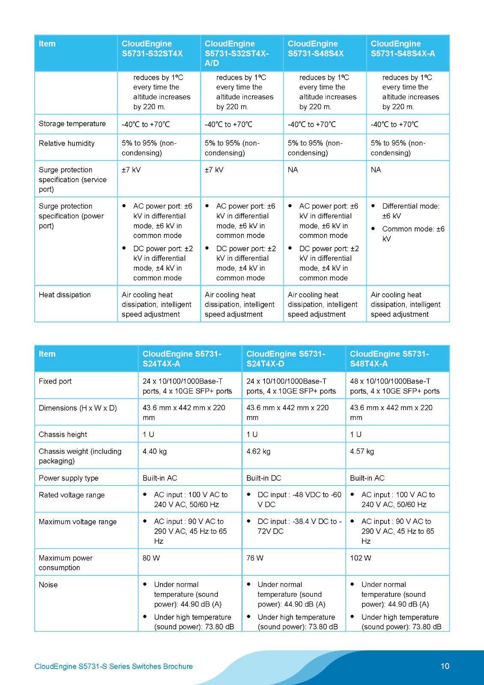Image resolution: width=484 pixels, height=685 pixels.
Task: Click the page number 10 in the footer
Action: (445, 666)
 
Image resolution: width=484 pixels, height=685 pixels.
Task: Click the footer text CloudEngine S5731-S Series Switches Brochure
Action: (113, 666)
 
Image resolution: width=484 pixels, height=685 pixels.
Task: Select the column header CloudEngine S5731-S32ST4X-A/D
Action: (237, 53)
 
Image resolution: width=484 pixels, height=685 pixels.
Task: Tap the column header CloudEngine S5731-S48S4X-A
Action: (403, 48)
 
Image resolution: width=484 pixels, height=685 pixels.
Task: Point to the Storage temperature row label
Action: (72, 124)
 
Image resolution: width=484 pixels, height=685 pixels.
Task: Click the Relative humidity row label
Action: (66, 143)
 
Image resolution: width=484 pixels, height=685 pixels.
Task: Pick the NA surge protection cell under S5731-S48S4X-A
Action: (376, 170)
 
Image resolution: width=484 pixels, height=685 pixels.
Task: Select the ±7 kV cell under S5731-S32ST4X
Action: (131, 170)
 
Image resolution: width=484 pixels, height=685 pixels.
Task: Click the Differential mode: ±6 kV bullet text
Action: (410, 211)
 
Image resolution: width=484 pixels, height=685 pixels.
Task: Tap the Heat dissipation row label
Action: (65, 295)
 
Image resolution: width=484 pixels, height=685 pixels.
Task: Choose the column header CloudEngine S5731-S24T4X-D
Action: (285, 359)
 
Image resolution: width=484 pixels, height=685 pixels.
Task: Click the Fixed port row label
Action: (55, 381)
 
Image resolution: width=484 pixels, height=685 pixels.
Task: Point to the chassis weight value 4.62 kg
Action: (258, 451)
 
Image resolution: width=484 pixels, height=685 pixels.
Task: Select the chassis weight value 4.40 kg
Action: (154, 451)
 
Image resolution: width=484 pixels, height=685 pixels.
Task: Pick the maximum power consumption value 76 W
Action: (255, 558)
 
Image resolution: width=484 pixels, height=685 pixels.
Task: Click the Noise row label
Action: (48, 585)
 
